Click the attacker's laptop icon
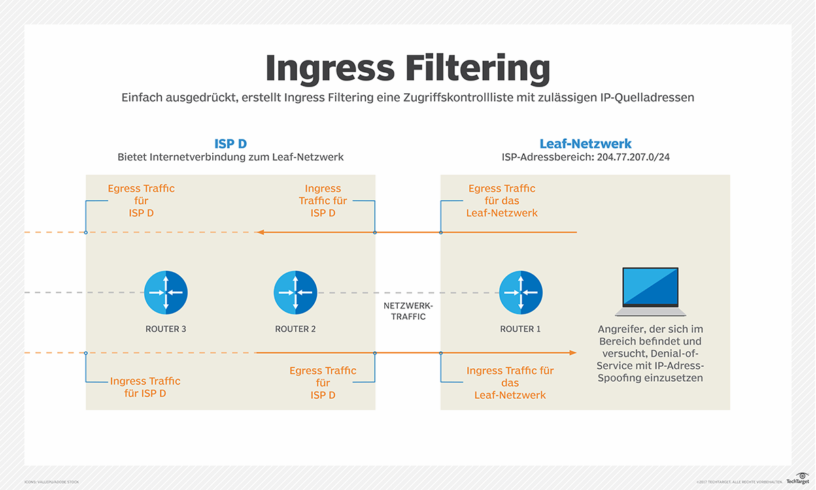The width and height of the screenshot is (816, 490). [650, 292]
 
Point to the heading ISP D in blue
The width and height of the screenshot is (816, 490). [231, 144]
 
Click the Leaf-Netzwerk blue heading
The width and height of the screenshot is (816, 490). [585, 144]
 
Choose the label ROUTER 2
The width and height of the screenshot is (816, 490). [295, 329]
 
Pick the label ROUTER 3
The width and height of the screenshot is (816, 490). [166, 329]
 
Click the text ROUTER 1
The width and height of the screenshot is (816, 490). [520, 329]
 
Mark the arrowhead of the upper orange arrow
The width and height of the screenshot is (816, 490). [259, 233]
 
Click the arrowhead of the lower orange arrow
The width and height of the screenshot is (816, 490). [573, 353]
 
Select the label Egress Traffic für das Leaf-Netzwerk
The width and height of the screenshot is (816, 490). [502, 201]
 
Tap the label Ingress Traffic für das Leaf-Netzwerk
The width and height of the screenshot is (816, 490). [510, 382]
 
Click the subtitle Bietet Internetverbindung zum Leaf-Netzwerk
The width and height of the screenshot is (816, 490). [231, 157]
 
